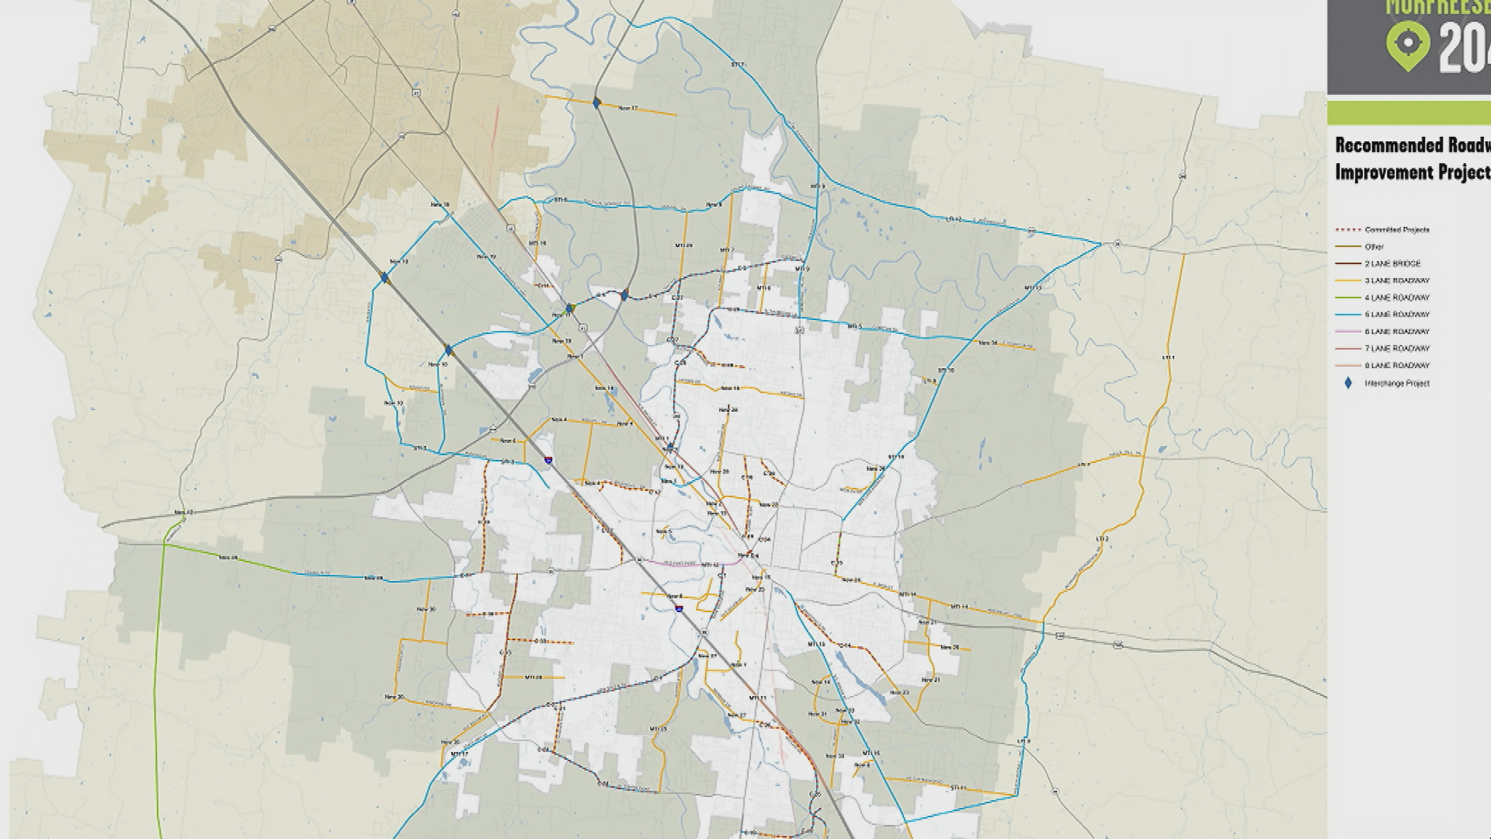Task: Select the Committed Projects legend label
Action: (1397, 230)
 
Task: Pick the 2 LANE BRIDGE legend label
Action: (1392, 264)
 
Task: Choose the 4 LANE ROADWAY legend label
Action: (1397, 298)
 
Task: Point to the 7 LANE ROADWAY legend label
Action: (1397, 349)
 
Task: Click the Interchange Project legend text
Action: (1397, 383)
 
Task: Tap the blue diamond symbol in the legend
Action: (1348, 383)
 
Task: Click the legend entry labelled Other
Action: (1374, 247)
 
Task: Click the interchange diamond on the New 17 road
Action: (596, 103)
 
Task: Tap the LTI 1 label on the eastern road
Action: (1168, 357)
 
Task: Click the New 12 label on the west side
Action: (184, 513)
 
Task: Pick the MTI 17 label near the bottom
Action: (459, 754)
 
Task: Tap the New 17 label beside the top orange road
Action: (627, 108)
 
